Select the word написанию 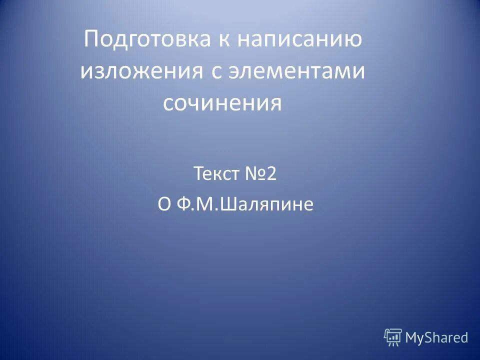tap(299, 39)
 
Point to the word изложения tap(138, 71)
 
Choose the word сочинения tap(222, 103)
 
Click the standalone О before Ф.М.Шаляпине tap(164, 205)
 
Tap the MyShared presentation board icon tap(393, 337)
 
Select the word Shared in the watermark tap(446, 337)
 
